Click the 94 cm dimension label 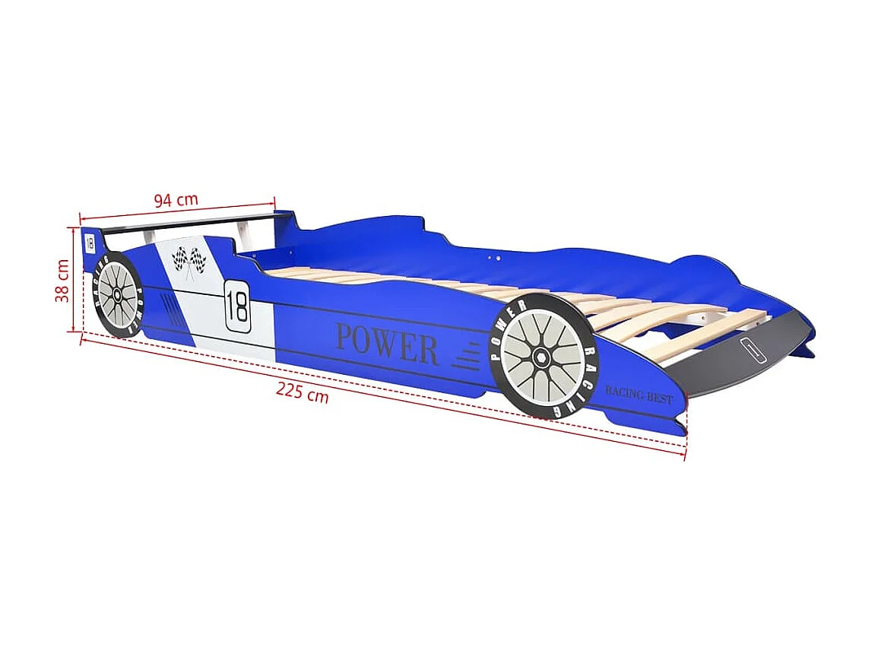(x=176, y=200)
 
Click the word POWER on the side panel (x=387, y=344)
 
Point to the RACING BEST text (x=639, y=395)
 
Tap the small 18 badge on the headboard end (x=90, y=244)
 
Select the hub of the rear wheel (x=118, y=295)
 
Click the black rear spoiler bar (x=190, y=223)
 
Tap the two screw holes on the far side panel (x=495, y=259)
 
